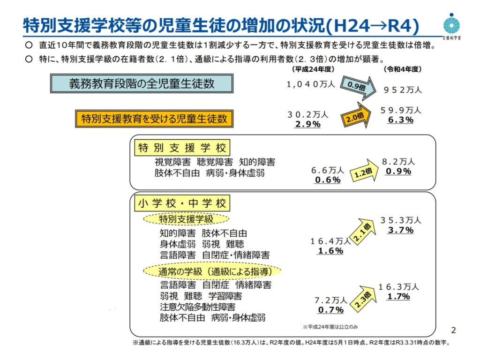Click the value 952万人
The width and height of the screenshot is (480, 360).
pos(403,90)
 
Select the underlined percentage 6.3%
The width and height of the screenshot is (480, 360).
pos(401,120)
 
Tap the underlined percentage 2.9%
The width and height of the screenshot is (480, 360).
pos(307,124)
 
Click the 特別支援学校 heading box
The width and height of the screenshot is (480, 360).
pos(182,149)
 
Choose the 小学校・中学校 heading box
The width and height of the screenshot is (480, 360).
pos(182,203)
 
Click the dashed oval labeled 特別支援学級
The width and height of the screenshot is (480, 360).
pos(186,219)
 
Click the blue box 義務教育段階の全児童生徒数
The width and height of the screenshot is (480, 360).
pos(142,83)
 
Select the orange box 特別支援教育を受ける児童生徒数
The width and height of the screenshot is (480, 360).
pos(154,119)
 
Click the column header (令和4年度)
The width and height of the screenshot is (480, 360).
pos(402,69)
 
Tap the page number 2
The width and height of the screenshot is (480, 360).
pos(453,329)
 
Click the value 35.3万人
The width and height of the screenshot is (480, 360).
pos(401,220)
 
